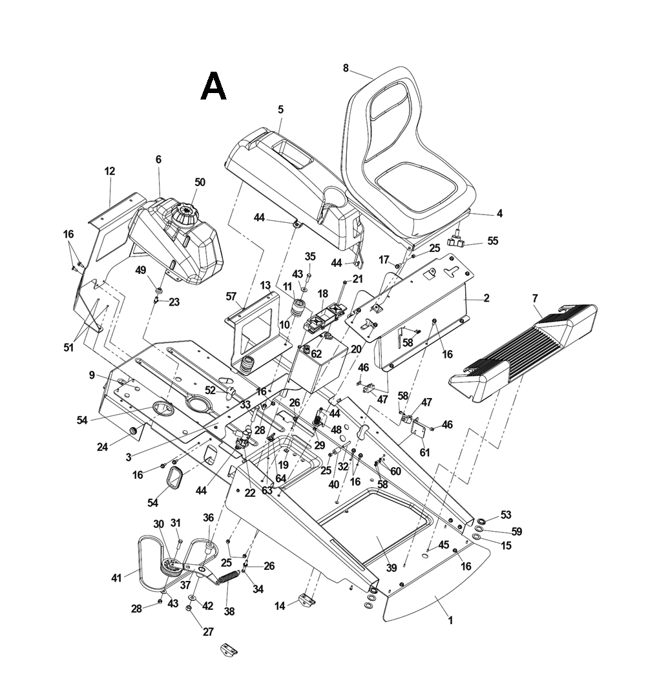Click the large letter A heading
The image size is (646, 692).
(213, 87)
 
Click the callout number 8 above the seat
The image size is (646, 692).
(346, 68)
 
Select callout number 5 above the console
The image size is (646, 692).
(280, 110)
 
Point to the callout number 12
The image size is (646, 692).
(109, 171)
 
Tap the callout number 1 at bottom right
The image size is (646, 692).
(450, 620)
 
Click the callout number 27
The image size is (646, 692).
(208, 632)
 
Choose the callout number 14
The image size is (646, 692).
(279, 605)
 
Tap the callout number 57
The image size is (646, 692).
(231, 296)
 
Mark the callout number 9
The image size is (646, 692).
(92, 375)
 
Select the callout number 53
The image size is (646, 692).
(506, 515)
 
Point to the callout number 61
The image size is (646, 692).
(424, 452)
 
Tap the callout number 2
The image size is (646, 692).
(486, 299)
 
